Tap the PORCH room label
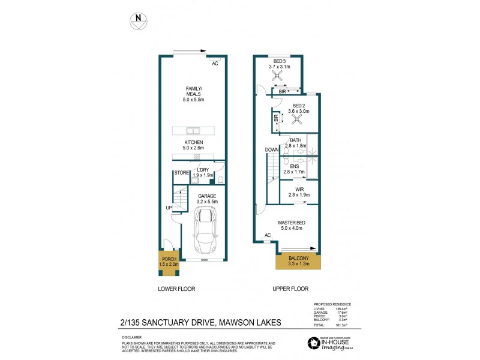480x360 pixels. point(169,260)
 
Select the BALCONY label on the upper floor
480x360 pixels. point(298,259)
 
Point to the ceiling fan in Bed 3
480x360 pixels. point(278,76)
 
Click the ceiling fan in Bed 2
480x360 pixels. point(295,119)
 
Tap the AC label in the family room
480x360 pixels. point(215,63)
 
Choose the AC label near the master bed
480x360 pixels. point(267,235)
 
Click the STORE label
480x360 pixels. point(181,173)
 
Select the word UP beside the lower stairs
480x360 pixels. point(169,208)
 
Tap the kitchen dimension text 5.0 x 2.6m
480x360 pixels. point(194,148)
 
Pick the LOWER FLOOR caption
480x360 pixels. point(176,289)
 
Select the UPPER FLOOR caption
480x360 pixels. point(290,289)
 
